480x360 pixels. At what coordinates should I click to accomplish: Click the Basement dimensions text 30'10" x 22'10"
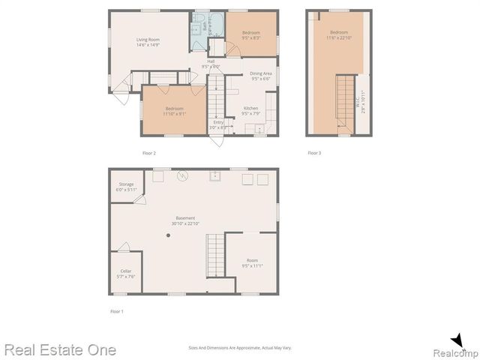pos(185,223)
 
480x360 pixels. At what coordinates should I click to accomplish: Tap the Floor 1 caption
pos(116,310)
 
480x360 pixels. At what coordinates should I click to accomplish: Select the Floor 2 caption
pos(149,153)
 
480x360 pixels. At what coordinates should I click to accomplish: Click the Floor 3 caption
pos(314,153)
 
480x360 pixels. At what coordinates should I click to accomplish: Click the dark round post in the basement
pos(169,235)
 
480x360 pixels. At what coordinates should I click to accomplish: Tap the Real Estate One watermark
pos(60,349)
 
